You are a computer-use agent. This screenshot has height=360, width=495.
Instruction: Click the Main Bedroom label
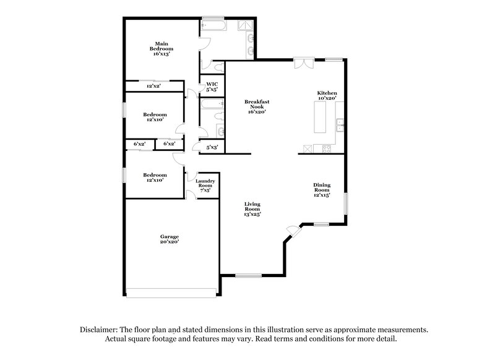click(161, 49)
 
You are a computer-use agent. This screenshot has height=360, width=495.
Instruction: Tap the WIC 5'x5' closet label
click(212, 87)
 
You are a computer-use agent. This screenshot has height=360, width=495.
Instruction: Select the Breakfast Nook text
click(257, 106)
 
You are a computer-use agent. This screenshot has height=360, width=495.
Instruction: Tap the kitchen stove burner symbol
click(308, 148)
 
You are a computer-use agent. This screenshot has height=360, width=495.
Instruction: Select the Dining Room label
click(321, 189)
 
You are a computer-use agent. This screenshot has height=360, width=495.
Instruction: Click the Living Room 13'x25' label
click(252, 209)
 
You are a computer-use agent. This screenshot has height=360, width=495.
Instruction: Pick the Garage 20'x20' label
click(170, 239)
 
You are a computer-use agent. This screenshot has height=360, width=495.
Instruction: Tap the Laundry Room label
click(205, 184)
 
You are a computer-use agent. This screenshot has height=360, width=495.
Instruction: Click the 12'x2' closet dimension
click(153, 87)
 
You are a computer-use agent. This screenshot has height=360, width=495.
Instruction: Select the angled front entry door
click(291, 231)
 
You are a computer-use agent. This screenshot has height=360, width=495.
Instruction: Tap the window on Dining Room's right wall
click(345, 204)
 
